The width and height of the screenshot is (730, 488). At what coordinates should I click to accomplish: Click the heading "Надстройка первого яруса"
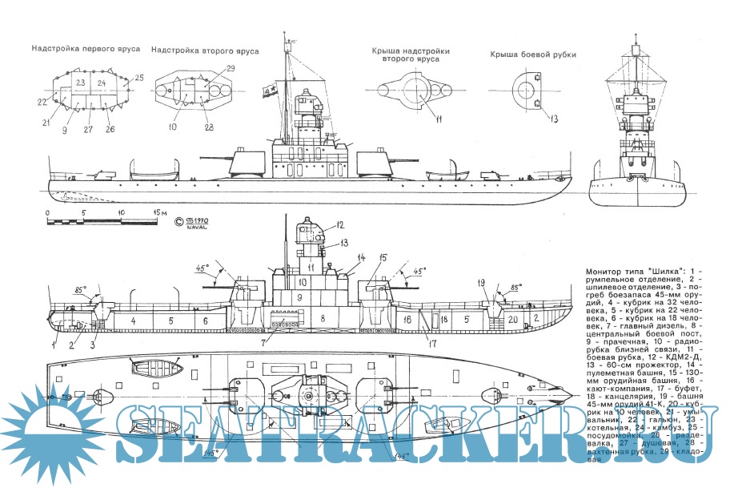pos(86,49)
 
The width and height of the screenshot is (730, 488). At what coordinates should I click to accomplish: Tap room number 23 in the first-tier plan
pos(81,83)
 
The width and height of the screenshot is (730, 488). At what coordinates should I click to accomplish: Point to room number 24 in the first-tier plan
pos(102,83)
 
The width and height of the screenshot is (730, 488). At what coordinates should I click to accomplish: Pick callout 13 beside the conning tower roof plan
pos(553,119)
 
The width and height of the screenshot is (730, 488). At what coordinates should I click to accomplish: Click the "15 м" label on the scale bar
pos(158,212)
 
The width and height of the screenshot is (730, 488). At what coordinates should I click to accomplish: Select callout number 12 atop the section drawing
pos(317,224)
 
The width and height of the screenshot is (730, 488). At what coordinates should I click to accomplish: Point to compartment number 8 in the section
pos(323,318)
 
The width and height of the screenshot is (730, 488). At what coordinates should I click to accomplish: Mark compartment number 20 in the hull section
pos(513,319)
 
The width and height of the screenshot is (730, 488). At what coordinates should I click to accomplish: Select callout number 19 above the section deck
pos(481,282)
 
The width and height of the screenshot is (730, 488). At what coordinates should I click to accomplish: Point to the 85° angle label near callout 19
pos(516,284)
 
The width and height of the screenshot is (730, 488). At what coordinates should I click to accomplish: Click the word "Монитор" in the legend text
pos(609,273)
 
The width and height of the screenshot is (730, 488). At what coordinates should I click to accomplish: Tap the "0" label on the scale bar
pos(47,212)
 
